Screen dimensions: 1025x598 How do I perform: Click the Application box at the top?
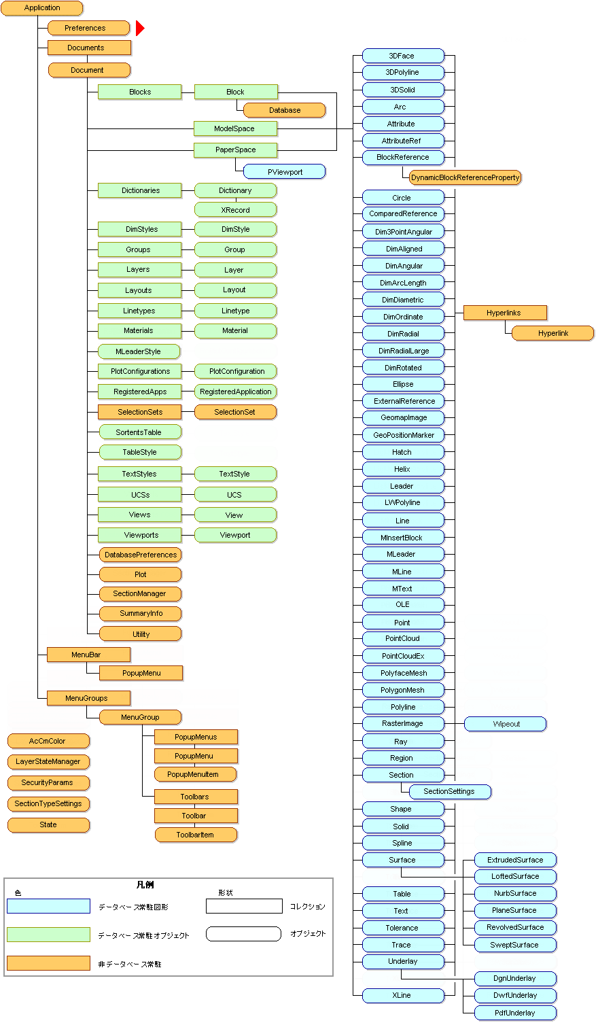click(x=42, y=8)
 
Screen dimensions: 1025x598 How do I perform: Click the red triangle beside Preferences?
click(x=140, y=28)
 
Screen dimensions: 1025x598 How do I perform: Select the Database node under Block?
click(x=284, y=110)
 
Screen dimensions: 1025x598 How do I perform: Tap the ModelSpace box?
click(x=234, y=128)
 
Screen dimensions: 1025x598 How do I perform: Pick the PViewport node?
click(x=285, y=172)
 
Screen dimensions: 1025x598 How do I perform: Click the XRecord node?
click(x=235, y=210)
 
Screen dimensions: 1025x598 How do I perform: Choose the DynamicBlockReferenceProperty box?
click(x=465, y=177)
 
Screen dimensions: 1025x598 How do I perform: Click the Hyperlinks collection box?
click(x=504, y=313)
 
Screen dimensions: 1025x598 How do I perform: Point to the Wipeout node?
click(x=506, y=724)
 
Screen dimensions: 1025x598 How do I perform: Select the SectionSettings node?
click(x=449, y=791)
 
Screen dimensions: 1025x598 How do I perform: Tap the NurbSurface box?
click(x=515, y=893)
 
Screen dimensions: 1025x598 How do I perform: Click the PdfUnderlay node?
click(x=515, y=1013)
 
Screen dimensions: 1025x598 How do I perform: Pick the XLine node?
click(x=402, y=995)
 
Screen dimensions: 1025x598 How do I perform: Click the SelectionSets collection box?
click(x=140, y=412)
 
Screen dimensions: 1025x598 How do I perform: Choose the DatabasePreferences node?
click(x=141, y=555)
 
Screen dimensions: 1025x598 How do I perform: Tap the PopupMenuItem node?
click(x=196, y=774)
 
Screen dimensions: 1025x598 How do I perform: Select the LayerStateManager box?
click(x=48, y=761)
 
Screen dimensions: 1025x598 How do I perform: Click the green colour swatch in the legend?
click(x=48, y=935)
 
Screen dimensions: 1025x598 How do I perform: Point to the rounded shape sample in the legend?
click(x=244, y=934)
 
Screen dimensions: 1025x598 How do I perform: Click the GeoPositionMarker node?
click(x=403, y=435)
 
